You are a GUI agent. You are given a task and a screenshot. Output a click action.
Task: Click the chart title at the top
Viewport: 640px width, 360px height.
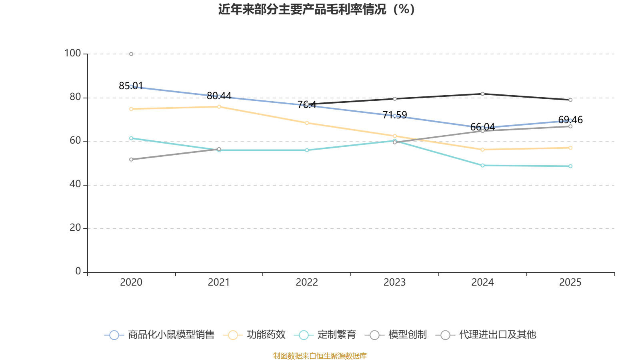[x=316, y=9]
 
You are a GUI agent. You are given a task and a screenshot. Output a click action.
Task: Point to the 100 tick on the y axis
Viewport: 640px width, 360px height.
[x=72, y=53]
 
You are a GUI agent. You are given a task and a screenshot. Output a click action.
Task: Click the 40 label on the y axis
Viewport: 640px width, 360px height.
[x=75, y=184]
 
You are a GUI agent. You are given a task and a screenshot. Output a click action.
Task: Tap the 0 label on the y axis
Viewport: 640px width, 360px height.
[x=78, y=272]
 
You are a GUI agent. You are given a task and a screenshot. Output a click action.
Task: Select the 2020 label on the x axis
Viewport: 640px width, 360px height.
[x=131, y=282]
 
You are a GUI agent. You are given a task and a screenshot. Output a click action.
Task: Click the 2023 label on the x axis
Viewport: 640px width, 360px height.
[x=394, y=282]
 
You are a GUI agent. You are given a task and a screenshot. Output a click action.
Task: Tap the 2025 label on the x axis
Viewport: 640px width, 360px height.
[x=570, y=282]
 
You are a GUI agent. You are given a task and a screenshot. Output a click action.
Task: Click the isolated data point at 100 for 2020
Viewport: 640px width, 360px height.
[x=131, y=54]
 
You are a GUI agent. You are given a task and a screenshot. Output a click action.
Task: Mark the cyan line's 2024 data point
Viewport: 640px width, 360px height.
[x=482, y=165]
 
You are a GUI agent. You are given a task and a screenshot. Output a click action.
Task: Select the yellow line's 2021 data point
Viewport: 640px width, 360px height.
[x=219, y=107]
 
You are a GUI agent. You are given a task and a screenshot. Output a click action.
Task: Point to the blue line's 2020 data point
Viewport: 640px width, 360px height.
[x=131, y=86]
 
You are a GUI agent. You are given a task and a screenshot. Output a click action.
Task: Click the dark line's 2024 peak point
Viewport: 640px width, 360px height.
[x=482, y=94]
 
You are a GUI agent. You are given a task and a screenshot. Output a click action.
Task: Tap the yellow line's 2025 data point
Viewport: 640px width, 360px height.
[x=570, y=148]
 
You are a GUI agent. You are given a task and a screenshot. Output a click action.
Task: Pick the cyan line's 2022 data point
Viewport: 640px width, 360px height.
[x=307, y=150]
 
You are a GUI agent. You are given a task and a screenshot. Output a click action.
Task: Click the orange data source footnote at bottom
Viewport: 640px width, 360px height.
[x=320, y=356]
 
